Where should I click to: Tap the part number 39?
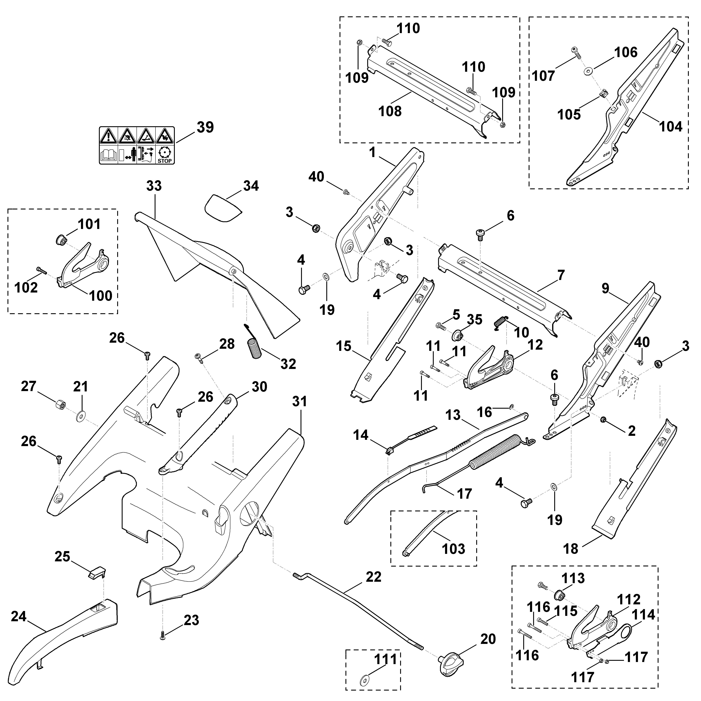click(205, 127)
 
